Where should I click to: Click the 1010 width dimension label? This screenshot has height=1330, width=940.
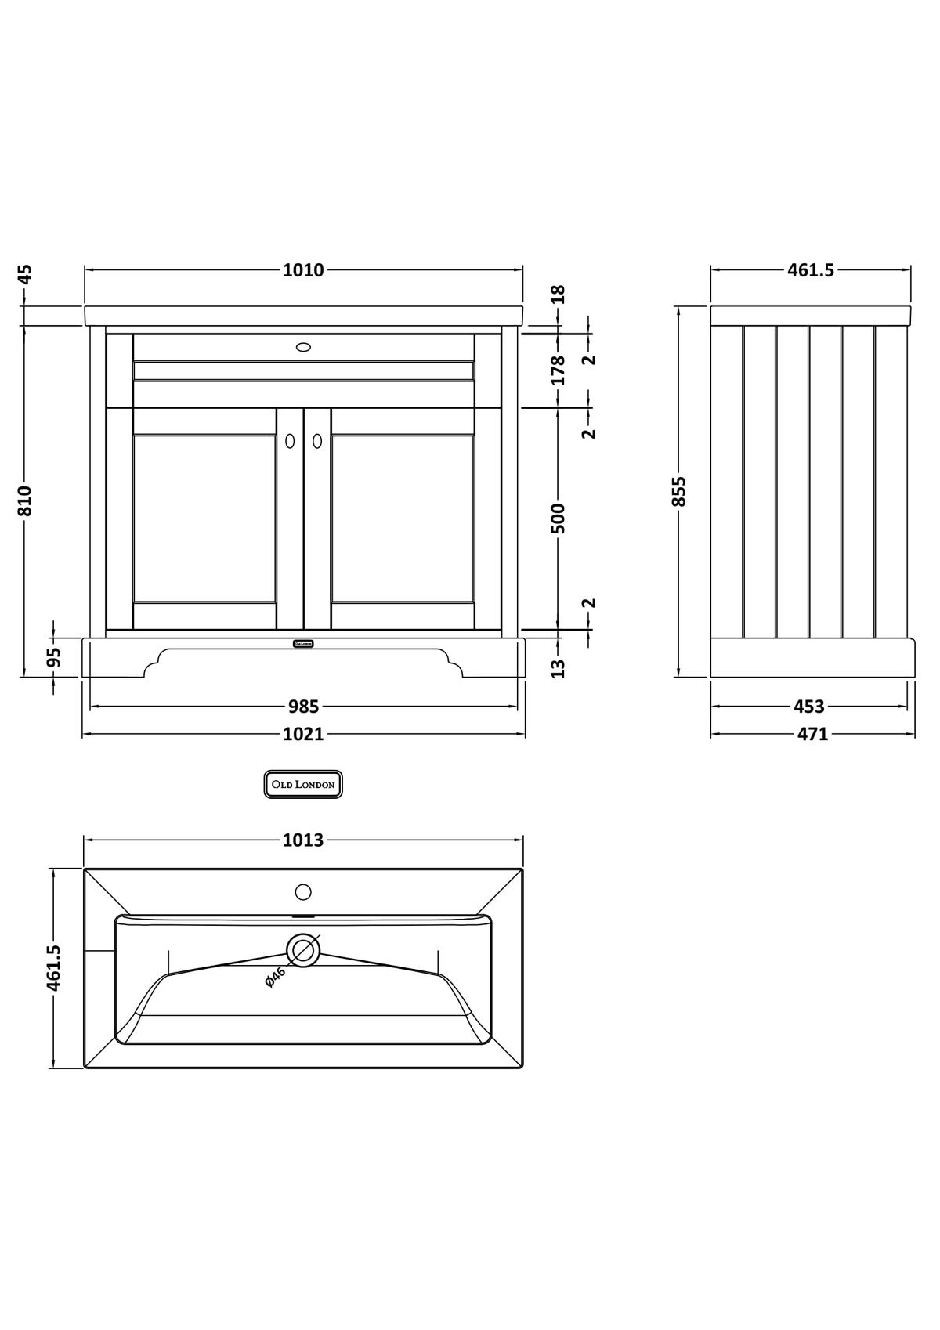pos(303,270)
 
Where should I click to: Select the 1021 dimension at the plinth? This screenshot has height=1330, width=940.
pos(303,735)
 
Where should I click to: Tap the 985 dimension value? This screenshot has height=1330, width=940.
pos(303,707)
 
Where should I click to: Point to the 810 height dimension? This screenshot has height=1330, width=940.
pos(25,501)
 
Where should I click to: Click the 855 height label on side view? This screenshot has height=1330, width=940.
pos(679,491)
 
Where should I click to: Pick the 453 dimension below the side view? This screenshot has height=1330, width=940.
pos(809,707)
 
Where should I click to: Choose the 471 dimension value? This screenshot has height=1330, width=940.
pos(812,735)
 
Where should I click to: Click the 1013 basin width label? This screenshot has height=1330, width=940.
pos(303,840)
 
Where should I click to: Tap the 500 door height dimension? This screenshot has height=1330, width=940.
pos(559,518)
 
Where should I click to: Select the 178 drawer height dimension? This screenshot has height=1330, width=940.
pos(559,370)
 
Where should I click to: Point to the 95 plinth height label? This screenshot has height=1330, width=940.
pos(53,656)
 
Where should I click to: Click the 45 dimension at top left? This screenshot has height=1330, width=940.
pos(25,274)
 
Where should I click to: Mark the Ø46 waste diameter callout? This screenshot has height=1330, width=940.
pos(276,977)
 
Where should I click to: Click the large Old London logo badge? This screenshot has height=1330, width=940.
pos(303,784)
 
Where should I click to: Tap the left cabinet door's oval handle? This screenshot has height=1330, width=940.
pos(290,441)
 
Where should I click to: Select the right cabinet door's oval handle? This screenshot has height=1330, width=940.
pos(317,441)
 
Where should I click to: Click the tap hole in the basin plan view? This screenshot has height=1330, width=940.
pos(303,891)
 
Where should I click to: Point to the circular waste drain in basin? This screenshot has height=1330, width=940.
pos(303,949)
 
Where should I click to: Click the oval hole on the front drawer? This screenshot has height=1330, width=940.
pos(304,346)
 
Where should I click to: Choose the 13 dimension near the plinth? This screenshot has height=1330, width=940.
pos(559,668)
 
